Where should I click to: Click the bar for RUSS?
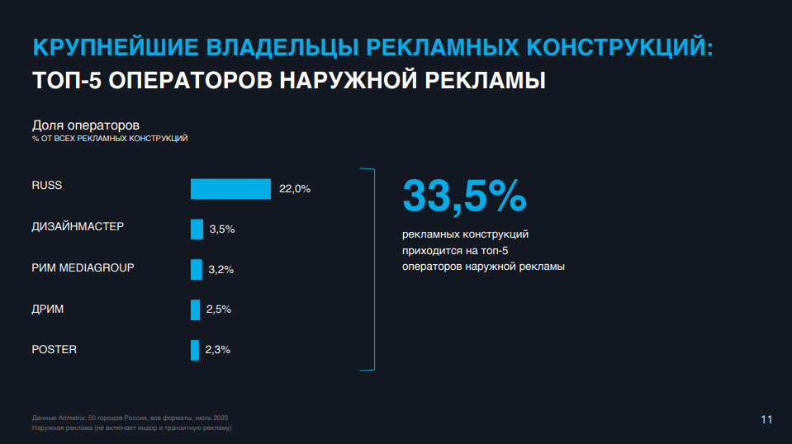230,189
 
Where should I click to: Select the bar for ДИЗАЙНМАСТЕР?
197,229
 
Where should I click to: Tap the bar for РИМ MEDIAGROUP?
197,269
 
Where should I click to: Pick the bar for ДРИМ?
195,309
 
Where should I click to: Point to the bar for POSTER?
195,350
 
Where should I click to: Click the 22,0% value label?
295,189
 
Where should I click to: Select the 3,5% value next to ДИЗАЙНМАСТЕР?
222,229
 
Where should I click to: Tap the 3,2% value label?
221,270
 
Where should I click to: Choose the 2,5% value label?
218,309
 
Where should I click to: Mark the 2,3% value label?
217,350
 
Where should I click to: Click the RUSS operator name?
47,186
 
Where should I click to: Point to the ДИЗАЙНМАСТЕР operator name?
78,226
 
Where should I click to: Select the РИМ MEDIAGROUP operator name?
83,267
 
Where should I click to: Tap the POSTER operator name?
55,349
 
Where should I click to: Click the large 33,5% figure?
464,196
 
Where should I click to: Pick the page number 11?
766,420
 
